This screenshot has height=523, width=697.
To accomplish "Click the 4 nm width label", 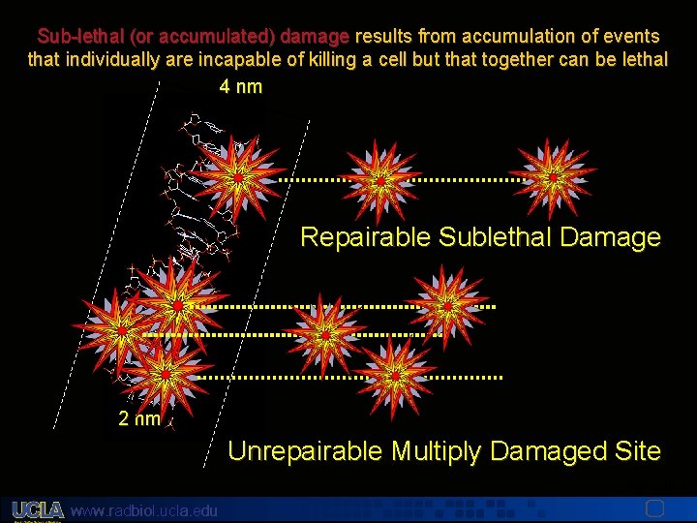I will (x=240, y=87).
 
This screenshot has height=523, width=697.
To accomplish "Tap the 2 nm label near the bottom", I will (x=139, y=419).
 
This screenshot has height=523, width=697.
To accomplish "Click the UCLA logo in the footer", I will (x=38, y=509).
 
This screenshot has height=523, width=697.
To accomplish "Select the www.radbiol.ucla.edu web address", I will (x=145, y=510).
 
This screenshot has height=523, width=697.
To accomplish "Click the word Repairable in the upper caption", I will (x=365, y=237).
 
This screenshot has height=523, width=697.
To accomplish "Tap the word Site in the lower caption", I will (x=639, y=450).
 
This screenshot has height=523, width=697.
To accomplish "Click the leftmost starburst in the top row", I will (x=238, y=178).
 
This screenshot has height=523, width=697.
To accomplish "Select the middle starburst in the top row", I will (x=381, y=180).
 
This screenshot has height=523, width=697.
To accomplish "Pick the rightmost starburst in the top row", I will (x=553, y=178).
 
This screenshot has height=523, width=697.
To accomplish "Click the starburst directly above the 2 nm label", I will (x=167, y=372).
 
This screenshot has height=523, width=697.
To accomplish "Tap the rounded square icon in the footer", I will (x=654, y=508).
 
